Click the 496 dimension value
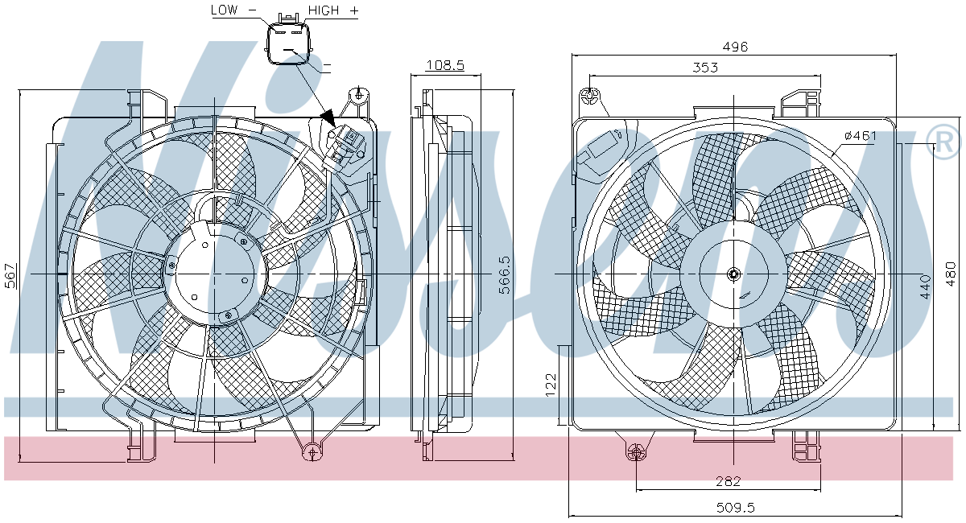tap(735, 47)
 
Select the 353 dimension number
tap(705, 68)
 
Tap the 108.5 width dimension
tap(445, 65)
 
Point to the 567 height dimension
tap(10, 275)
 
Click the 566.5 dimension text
tap(505, 275)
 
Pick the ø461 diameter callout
tap(861, 136)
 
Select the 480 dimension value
tap(951, 274)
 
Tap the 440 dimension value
tap(925, 286)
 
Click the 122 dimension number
tap(551, 385)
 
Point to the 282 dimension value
tap(728, 481)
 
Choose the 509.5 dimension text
tap(736, 508)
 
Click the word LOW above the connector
tap(225, 10)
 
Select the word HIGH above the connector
tap(324, 10)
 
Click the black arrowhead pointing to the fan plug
tap(328, 117)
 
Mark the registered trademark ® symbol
tap(943, 142)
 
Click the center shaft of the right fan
tap(733, 274)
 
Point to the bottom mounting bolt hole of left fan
tap(312, 452)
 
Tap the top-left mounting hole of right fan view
tap(588, 97)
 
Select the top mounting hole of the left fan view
tap(359, 94)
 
